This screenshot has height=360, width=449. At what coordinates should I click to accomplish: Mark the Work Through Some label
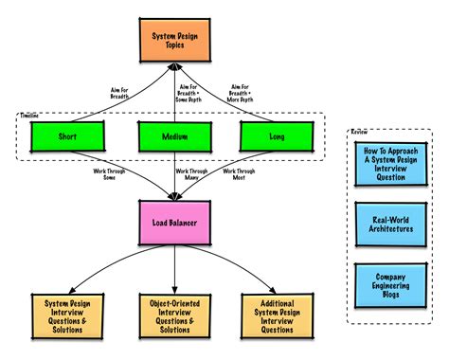pos(106,174)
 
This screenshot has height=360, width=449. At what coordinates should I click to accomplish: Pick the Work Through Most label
pos(242,174)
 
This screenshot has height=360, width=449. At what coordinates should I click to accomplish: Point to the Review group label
pos(358,132)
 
